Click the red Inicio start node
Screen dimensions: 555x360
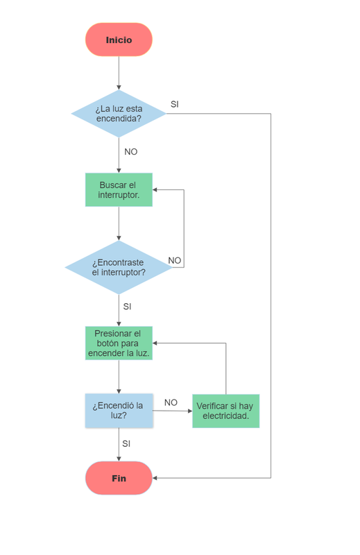(119, 40)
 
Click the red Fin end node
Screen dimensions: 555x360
(119, 478)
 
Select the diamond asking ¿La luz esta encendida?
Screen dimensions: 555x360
(119, 114)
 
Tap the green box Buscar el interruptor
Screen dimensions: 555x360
(119, 189)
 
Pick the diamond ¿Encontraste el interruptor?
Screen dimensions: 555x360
(119, 267)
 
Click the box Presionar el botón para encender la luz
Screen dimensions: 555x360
(119, 343)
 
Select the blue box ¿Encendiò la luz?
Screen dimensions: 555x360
(119, 411)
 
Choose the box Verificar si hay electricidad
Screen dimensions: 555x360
(225, 411)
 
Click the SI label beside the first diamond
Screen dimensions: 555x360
(175, 104)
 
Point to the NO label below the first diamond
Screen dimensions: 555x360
(130, 151)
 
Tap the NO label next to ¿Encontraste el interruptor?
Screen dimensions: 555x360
(175, 260)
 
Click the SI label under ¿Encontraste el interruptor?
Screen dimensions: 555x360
(127, 306)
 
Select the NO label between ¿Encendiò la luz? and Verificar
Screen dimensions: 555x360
(171, 402)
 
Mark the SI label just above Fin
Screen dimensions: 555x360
(126, 443)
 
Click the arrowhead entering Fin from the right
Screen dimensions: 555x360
(156, 478)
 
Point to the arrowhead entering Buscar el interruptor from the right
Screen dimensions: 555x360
(156, 189)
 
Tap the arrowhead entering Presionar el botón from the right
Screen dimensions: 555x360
(156, 343)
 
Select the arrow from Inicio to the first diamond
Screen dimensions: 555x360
(119, 73)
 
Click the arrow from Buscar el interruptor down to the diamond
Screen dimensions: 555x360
(119, 223)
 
